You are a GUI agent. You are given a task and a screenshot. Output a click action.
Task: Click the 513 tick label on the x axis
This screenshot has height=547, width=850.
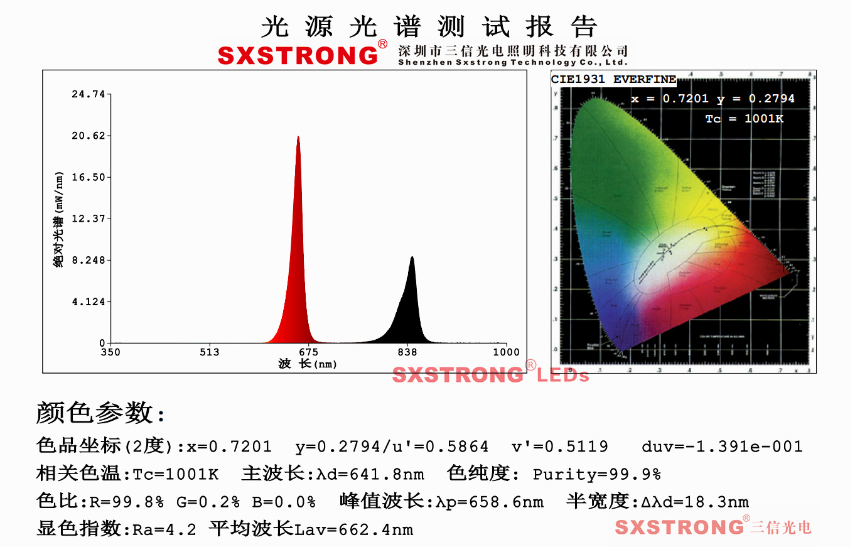(210, 352)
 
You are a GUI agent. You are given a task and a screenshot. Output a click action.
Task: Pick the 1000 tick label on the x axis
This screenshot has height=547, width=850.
(505, 352)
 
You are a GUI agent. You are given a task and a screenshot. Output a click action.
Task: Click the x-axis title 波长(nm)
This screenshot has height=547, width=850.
(307, 364)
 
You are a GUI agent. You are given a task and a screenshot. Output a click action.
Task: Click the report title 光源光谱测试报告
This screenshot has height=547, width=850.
(428, 26)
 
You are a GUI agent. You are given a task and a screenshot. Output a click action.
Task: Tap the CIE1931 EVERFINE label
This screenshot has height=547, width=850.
(613, 80)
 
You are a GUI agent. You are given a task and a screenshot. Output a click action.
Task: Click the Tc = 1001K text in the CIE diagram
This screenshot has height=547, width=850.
(744, 119)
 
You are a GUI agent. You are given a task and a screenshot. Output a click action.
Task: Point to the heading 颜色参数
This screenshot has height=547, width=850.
(100, 413)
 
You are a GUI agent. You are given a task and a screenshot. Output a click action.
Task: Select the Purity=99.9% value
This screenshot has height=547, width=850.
(596, 474)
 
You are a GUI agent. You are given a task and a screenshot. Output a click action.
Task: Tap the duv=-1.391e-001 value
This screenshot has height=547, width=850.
(722, 447)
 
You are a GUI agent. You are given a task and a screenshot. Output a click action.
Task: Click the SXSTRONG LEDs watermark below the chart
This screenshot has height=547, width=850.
(491, 375)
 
